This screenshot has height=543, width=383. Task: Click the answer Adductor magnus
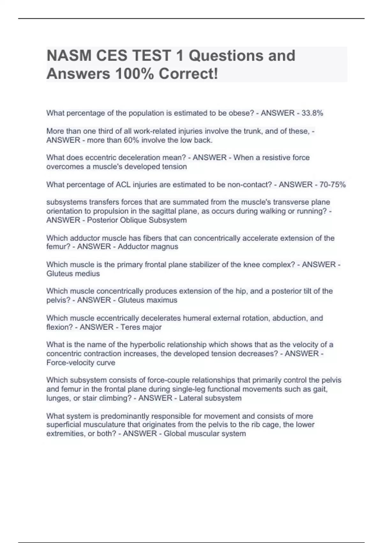(x=148, y=247)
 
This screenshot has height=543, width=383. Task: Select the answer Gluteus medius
(x=73, y=274)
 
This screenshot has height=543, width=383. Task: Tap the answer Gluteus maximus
(x=147, y=300)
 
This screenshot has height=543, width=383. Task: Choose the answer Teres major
(x=141, y=327)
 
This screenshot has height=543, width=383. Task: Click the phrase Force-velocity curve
(x=81, y=363)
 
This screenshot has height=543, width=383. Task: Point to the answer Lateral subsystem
(x=210, y=398)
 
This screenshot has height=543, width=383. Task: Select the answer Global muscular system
(x=205, y=434)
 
